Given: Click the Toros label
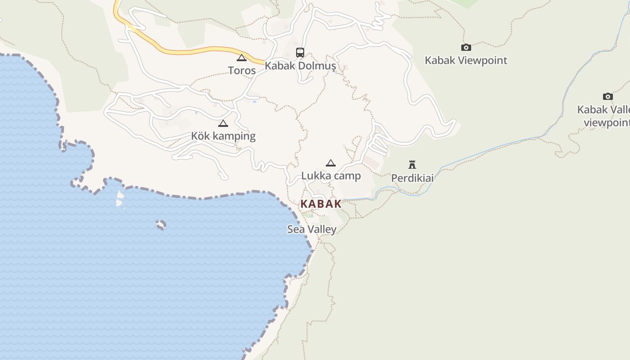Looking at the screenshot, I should tap(242, 70).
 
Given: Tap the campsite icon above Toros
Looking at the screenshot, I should tap(242, 58).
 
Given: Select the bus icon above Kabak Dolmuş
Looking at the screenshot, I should tap(300, 53).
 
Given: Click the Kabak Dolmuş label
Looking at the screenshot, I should tap(300, 66).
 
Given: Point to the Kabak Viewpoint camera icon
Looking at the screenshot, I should tap(466, 47).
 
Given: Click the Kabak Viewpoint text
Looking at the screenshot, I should tap(466, 60).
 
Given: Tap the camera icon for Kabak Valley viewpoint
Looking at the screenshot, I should tap(608, 96).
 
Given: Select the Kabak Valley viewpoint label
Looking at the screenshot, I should tap(605, 116).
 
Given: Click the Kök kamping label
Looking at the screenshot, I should tap(223, 136).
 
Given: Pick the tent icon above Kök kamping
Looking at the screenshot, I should tap(223, 123).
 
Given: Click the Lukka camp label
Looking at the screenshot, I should tap(331, 175).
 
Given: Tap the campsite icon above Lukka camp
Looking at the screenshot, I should tap(331, 163).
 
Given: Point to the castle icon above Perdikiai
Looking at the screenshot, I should tap(412, 164).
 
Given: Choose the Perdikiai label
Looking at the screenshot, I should tap(412, 178).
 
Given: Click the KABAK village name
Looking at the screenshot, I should tap(321, 203).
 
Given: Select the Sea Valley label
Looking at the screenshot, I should tap(312, 229).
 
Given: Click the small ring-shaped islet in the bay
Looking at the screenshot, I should tap(161, 225).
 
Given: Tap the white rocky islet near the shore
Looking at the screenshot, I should tap(120, 198).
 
